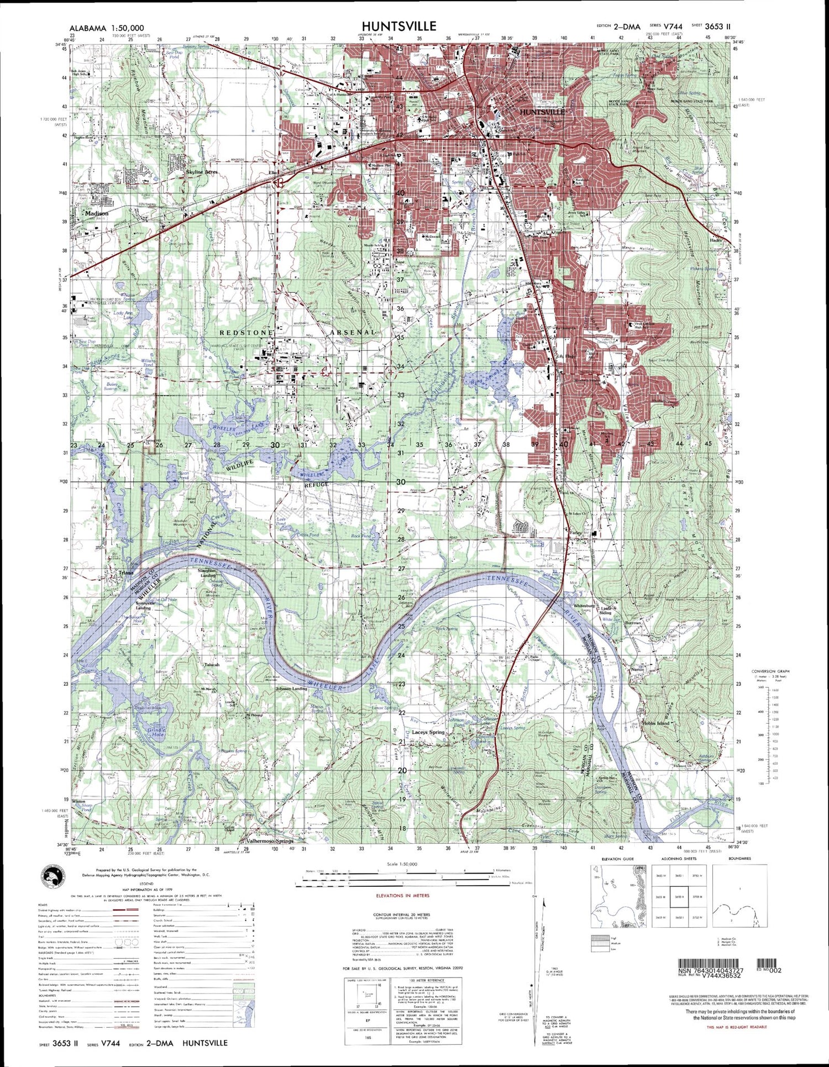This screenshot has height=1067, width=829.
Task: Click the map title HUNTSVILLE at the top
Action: click(399, 26)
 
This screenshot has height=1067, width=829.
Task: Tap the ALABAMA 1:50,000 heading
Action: click(107, 28)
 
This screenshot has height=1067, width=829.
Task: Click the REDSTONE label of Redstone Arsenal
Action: click(246, 333)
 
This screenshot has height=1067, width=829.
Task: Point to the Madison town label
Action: click(97, 213)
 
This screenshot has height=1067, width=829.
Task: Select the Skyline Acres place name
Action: click(202, 172)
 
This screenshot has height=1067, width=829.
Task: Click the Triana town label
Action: click(126, 573)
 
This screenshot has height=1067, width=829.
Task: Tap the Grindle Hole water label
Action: click(156, 733)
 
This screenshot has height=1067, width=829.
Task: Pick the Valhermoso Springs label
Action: click(269, 841)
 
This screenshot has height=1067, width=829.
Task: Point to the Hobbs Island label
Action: click(655, 723)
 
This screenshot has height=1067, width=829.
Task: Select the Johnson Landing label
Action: click(291, 689)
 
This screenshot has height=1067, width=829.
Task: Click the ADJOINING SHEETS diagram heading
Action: click(674, 859)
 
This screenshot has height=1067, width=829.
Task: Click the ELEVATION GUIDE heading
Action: click(612, 859)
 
